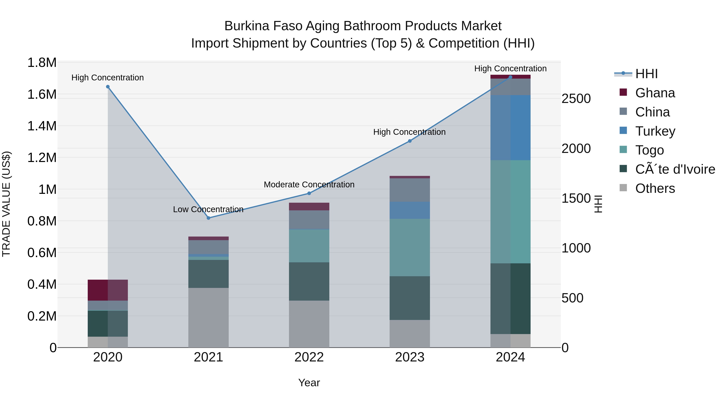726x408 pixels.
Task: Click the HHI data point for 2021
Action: (208, 218)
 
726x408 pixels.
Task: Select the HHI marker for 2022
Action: (309, 193)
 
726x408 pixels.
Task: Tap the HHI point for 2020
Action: (108, 87)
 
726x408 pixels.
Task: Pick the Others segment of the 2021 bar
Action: (208, 318)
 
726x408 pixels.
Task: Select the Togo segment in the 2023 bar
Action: (410, 247)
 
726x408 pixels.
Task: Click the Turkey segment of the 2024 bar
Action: (510, 128)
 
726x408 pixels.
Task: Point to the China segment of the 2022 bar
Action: (309, 220)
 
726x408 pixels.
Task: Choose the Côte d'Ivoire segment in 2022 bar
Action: (309, 282)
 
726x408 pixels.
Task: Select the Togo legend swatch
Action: (623, 150)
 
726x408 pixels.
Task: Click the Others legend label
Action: (655, 188)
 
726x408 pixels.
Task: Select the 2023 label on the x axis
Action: (410, 357)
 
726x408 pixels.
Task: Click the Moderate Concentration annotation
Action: (309, 185)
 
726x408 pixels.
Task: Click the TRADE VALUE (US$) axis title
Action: (6, 204)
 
